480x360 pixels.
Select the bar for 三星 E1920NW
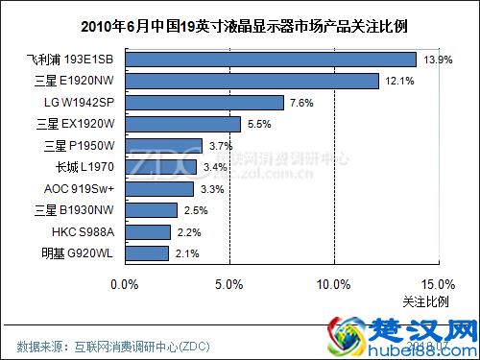click(252, 81)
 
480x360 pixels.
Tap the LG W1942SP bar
click(204, 103)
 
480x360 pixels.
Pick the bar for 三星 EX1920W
click(182, 124)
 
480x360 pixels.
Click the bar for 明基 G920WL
click(147, 253)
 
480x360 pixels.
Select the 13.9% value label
click(437, 60)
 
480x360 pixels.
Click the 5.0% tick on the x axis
click(228, 284)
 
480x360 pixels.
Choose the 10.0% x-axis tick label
click(332, 284)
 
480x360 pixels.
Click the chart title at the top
click(240, 25)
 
